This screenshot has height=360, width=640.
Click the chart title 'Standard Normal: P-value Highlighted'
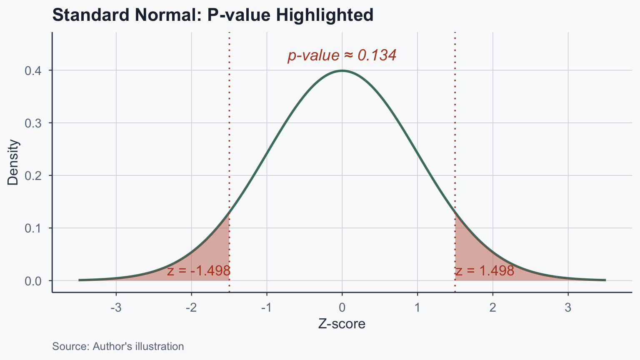click(212, 15)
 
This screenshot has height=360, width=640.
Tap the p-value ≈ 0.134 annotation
click(342, 55)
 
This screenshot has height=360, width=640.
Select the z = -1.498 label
click(199, 271)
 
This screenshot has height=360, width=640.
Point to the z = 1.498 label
click(485, 271)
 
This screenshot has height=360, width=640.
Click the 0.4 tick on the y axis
click(33, 71)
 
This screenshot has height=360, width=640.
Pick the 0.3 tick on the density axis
click(33, 123)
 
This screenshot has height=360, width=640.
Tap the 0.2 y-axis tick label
click(33, 176)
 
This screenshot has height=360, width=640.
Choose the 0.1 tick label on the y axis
click(33, 228)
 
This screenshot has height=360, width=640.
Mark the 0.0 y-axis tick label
click(33, 281)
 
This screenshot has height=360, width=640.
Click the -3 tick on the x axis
click(116, 308)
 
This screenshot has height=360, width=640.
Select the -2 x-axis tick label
click(191, 308)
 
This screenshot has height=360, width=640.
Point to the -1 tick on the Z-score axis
click(266, 308)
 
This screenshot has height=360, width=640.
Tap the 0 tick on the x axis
click(342, 308)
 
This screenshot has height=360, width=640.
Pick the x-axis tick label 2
click(493, 308)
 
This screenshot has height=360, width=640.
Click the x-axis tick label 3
click(568, 308)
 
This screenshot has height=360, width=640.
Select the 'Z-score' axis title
click(342, 324)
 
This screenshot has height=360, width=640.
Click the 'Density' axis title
click(13, 162)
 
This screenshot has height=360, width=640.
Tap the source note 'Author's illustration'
click(118, 346)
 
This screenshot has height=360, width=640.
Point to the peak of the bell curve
click(342, 71)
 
